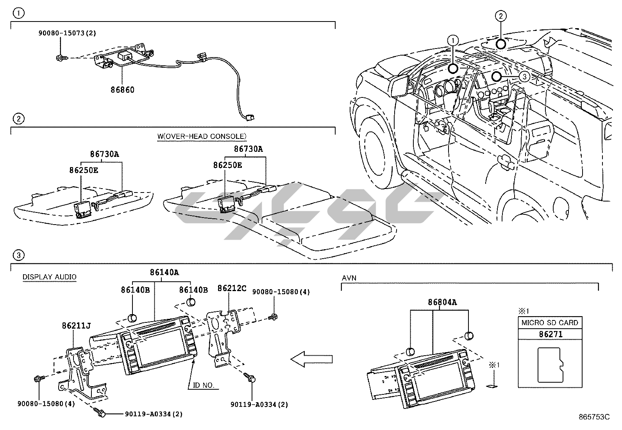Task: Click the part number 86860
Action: [x=122, y=90]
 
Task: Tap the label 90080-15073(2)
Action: [x=67, y=33]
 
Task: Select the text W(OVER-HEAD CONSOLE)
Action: [x=202, y=136]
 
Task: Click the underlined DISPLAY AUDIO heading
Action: [x=49, y=277]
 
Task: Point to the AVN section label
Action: [x=349, y=278]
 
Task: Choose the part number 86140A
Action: [x=164, y=272]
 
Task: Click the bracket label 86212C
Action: [x=232, y=288]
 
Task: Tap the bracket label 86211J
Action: [x=76, y=326]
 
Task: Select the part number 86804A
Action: [x=442, y=302]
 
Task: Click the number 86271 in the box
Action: [x=550, y=334]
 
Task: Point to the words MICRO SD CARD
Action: [x=550, y=323]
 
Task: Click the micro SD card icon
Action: [x=550, y=364]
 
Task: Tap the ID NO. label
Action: [x=204, y=385]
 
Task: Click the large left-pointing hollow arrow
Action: [x=312, y=358]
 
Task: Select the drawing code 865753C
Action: [x=595, y=417]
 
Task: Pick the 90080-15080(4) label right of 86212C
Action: [x=281, y=292]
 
